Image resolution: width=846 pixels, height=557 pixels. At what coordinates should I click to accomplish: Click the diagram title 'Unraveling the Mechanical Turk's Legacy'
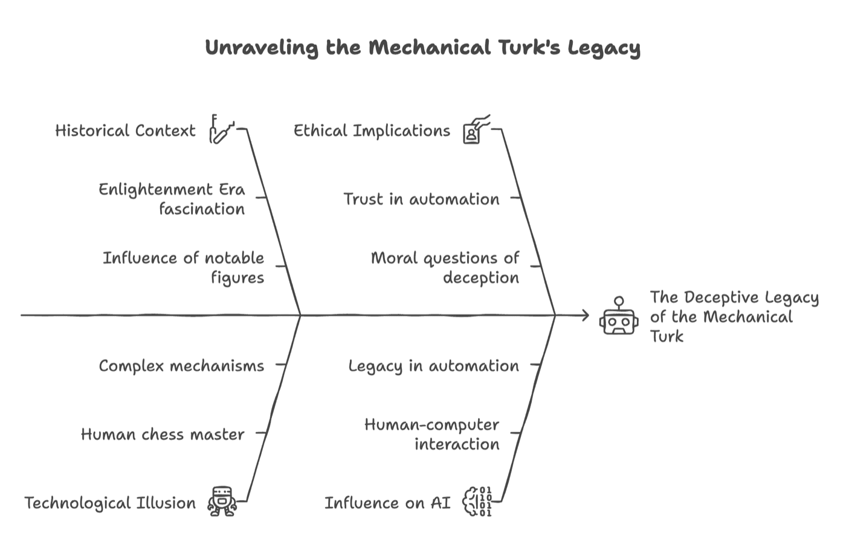click(422, 48)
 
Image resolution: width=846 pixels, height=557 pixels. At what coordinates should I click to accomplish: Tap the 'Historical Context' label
click(125, 131)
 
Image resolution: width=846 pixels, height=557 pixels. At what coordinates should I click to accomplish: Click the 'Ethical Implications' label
click(372, 131)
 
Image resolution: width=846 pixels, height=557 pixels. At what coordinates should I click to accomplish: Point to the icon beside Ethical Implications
click(476, 129)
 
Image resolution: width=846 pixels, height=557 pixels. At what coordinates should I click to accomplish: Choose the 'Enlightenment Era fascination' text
click(172, 199)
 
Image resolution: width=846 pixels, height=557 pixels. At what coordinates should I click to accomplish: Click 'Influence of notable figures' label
click(184, 267)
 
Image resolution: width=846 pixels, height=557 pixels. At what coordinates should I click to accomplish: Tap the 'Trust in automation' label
click(421, 199)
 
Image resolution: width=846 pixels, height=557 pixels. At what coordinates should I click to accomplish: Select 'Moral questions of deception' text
click(445, 267)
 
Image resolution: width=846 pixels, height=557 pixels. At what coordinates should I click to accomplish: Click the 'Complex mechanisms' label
click(181, 366)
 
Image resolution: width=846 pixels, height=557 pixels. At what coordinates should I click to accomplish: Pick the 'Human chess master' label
click(163, 434)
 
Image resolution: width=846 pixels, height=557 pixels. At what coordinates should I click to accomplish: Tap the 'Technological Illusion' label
click(110, 503)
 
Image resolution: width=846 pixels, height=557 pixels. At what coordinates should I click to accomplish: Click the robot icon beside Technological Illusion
click(221, 501)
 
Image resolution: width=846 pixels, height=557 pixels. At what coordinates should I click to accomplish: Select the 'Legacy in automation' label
click(433, 366)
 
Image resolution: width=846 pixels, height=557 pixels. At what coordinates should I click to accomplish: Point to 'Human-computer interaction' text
click(432, 434)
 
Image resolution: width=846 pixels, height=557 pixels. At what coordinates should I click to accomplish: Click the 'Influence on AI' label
click(387, 503)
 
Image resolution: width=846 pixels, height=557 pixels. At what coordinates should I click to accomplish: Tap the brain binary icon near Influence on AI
click(477, 501)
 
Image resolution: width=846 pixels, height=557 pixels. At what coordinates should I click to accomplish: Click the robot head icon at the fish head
click(618, 318)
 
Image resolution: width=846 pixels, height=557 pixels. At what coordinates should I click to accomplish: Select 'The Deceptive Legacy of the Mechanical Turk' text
click(734, 317)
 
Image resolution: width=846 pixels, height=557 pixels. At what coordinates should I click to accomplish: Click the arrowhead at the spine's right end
click(584, 315)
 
